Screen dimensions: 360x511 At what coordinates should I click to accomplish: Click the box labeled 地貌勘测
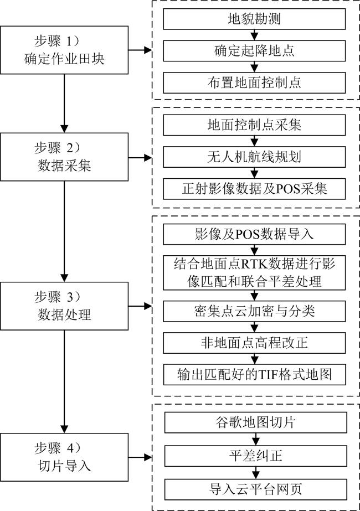254,19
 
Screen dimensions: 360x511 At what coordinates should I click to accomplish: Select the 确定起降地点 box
254,51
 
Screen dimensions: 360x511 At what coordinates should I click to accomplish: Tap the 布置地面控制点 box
254,83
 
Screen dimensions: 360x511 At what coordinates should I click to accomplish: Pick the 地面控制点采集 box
254,125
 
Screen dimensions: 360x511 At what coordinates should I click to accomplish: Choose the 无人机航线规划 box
254,157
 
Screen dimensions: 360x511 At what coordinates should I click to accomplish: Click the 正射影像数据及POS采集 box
254,189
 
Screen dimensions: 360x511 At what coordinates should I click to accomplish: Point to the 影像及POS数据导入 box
254,234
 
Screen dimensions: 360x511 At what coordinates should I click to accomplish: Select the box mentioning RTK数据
254,272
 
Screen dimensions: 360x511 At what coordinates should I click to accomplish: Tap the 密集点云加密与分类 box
254,311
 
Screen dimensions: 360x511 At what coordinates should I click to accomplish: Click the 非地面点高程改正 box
254,343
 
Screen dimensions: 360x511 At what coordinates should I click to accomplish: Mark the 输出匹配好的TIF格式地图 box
254,374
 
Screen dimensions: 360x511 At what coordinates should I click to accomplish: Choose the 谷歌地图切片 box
256,422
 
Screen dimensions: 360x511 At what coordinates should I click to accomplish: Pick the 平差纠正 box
256,456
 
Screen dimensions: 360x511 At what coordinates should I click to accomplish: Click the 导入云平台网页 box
256,489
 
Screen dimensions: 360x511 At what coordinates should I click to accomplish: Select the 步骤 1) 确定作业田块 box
64,50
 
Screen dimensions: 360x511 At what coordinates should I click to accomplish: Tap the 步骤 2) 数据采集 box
64,157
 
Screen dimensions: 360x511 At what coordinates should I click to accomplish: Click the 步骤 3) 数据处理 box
64,306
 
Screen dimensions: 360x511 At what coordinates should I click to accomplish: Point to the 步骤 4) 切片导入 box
64,457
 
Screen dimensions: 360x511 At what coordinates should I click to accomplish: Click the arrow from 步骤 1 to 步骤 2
64,104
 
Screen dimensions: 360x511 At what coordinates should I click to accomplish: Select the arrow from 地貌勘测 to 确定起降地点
254,35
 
